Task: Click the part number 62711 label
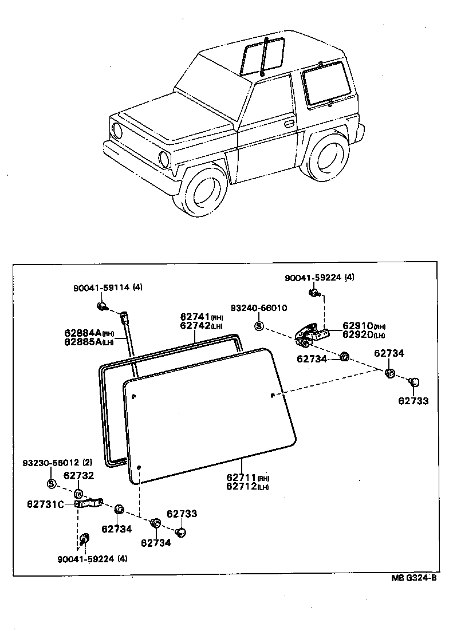(241, 478)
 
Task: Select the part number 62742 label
(195, 325)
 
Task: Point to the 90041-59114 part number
(101, 288)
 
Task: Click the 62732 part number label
(78, 475)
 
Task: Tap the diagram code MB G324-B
(414, 578)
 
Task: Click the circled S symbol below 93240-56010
(258, 326)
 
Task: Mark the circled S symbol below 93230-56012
(51, 484)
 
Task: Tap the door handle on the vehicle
(289, 123)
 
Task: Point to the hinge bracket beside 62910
(309, 335)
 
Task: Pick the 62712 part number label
(241, 487)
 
